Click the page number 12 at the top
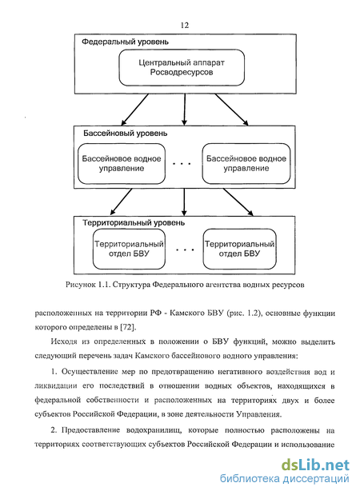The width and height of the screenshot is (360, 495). (185, 26)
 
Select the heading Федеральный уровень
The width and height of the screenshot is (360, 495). (125, 42)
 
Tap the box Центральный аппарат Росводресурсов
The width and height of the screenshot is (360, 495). (182, 67)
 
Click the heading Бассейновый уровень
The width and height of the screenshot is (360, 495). (125, 134)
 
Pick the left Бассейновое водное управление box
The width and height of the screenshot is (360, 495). (122, 163)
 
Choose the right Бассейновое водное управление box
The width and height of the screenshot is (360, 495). (246, 163)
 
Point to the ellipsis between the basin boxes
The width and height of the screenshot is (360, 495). (182, 164)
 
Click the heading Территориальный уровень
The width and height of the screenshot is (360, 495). (134, 223)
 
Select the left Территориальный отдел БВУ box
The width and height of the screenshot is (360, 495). (129, 249)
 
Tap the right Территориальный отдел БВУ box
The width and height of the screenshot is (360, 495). (240, 249)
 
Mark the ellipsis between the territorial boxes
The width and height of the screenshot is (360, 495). (185, 249)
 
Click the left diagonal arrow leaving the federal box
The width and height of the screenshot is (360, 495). (135, 110)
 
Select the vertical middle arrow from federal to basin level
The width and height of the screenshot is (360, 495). (185, 110)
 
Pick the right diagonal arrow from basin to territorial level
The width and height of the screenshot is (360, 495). (238, 202)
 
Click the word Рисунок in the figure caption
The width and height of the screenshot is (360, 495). (80, 285)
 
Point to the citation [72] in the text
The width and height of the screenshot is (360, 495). (128, 327)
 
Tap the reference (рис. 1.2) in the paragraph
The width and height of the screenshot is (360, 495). (245, 313)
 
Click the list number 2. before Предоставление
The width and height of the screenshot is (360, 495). (54, 430)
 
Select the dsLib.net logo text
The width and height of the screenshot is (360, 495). (315, 465)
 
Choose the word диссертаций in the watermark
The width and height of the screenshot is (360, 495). (316, 479)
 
